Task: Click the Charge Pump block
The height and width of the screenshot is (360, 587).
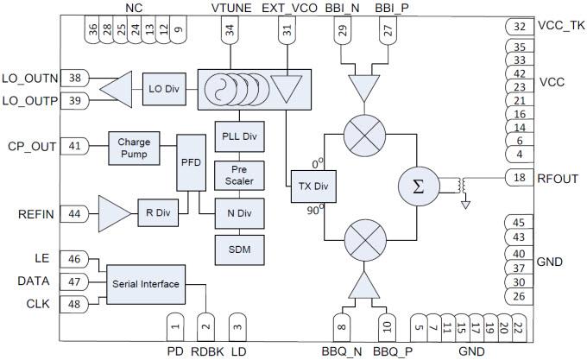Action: (x=134, y=147)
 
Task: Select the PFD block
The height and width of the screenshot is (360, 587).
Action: (x=189, y=162)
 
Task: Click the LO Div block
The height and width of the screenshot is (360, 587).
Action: (x=159, y=90)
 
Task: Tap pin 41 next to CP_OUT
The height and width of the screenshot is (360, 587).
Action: (x=75, y=146)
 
